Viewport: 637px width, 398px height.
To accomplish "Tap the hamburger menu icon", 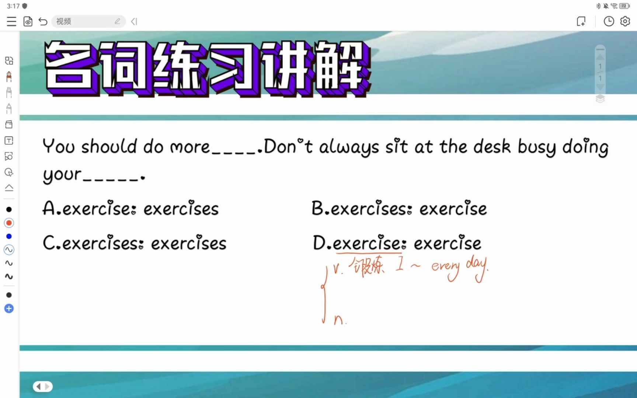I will [x=11, y=22].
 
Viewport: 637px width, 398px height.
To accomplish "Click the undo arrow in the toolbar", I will [x=43, y=22].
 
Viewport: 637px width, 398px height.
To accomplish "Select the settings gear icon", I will [x=625, y=21].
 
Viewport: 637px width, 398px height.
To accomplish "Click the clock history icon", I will [x=609, y=21].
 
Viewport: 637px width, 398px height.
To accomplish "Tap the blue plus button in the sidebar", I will [x=9, y=309].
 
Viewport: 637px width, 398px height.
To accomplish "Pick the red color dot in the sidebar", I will [x=9, y=223].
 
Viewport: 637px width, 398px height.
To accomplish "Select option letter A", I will [x=49, y=208].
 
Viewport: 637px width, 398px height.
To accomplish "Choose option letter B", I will [x=317, y=208].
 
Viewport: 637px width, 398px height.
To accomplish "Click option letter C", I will [x=49, y=243].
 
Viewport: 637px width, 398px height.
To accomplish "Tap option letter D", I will [x=319, y=243].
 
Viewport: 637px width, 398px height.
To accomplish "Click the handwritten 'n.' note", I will [x=340, y=319].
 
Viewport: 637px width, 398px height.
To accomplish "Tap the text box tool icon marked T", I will [x=9, y=140].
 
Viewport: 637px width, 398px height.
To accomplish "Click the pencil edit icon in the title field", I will [x=117, y=21].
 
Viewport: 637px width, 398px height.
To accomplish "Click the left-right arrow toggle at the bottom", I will [x=43, y=386].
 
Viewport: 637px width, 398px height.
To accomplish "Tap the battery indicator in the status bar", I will [x=624, y=6].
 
